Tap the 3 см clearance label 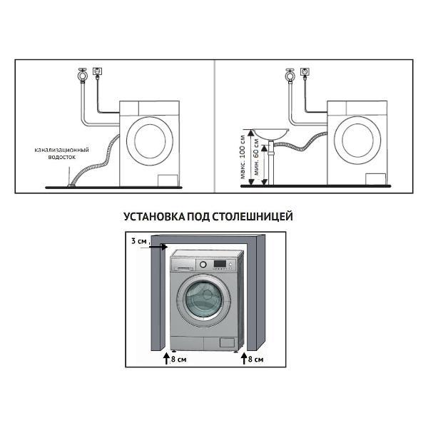click(139, 241)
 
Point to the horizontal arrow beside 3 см click(153, 247)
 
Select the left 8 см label click(179, 360)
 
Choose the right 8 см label click(256, 360)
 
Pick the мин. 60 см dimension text click(257, 157)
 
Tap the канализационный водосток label click(61, 153)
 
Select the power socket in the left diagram click(97, 71)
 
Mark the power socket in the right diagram click(305, 72)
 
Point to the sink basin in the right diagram click(270, 133)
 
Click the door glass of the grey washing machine click(204, 300)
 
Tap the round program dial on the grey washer click(203, 264)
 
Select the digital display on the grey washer click(220, 264)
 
